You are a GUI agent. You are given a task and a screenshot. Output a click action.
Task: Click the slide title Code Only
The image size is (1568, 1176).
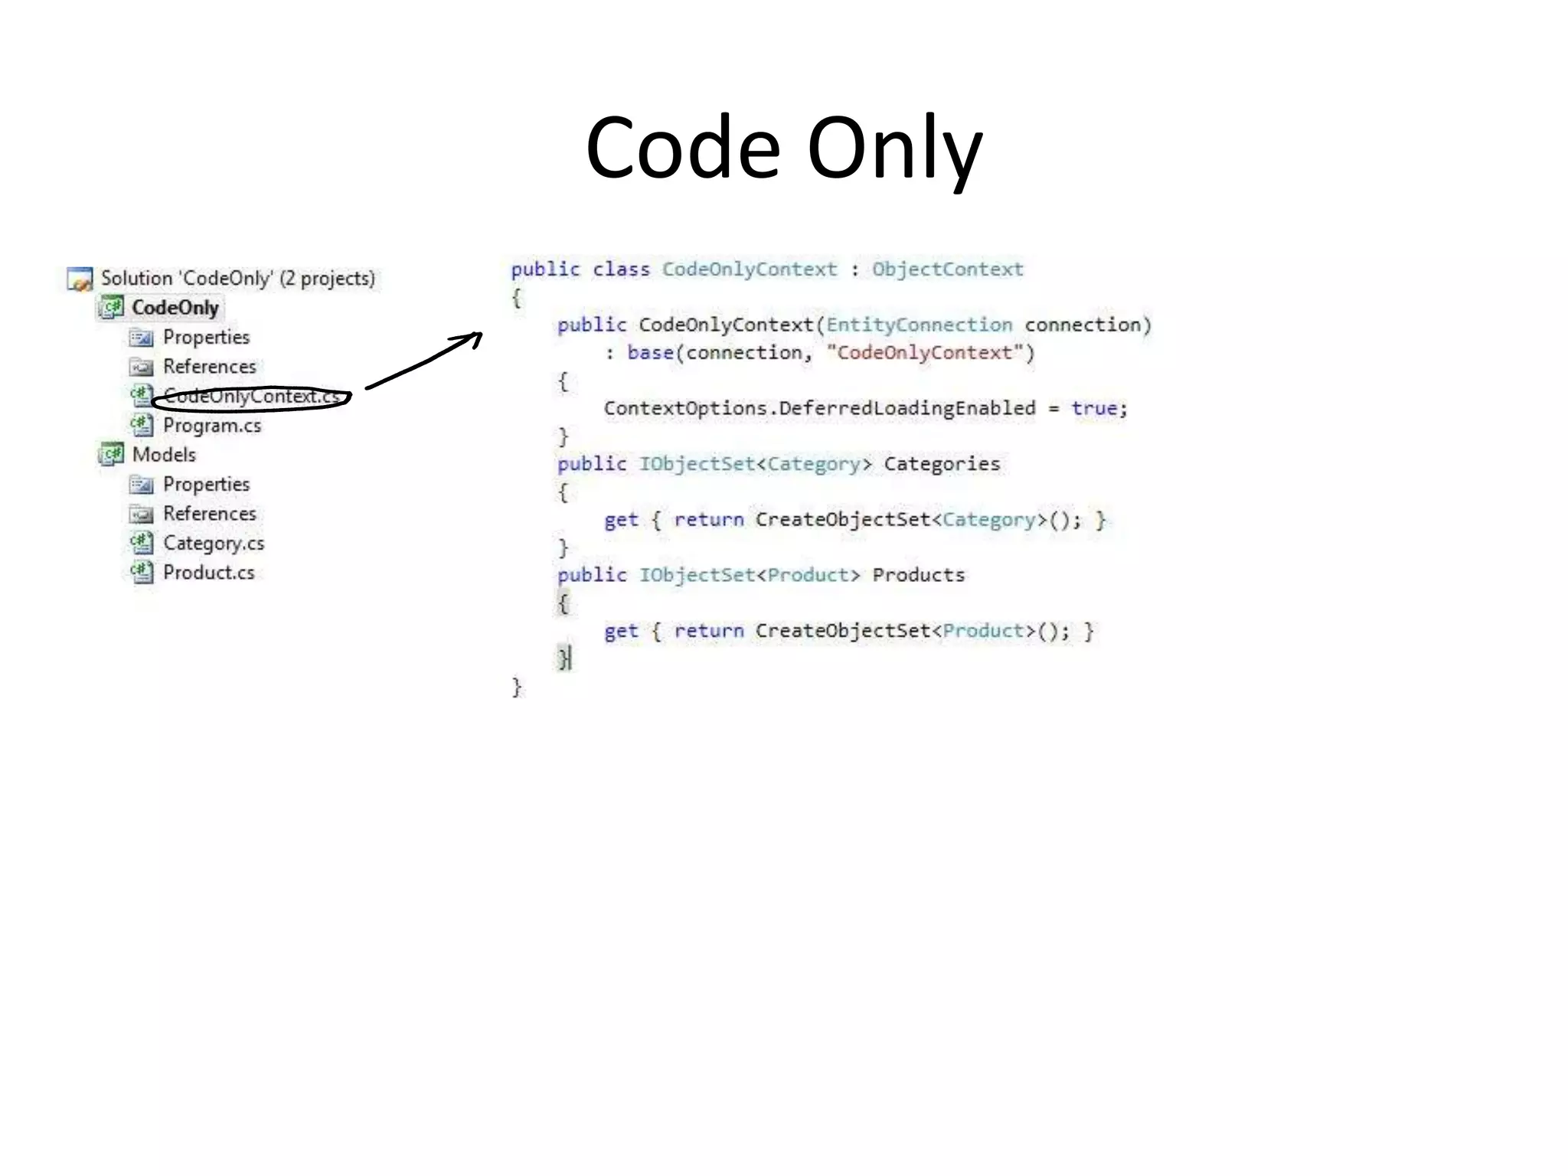(x=783, y=148)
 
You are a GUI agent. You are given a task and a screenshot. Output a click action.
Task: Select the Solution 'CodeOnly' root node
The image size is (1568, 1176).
(x=237, y=279)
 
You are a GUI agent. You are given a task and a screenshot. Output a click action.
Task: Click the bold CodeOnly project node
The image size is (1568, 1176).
(x=175, y=308)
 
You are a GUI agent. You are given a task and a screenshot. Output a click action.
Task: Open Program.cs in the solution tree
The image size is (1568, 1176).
(x=212, y=426)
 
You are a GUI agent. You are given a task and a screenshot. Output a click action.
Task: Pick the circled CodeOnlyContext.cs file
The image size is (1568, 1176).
(x=251, y=397)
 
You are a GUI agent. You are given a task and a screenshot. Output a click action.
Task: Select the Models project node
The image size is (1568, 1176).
(x=164, y=455)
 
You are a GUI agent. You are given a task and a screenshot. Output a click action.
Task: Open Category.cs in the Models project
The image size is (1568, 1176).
(x=214, y=544)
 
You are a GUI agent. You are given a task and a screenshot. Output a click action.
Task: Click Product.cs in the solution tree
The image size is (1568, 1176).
(x=208, y=573)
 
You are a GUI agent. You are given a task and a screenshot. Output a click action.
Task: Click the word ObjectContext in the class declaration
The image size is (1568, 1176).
(x=947, y=269)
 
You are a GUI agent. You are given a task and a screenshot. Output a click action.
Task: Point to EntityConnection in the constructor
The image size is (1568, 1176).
(x=919, y=325)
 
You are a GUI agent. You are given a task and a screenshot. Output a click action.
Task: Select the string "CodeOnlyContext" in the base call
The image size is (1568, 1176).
(x=924, y=353)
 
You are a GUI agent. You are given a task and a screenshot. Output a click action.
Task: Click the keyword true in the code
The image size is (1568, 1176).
(x=1094, y=409)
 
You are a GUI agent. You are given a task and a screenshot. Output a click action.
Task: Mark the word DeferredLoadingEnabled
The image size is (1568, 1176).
(x=907, y=409)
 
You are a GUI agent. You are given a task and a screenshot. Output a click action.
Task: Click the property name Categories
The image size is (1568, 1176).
(x=942, y=465)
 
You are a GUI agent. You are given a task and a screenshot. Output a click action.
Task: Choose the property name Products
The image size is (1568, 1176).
(x=919, y=576)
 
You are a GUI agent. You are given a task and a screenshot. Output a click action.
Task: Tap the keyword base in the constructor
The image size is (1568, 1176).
(x=650, y=353)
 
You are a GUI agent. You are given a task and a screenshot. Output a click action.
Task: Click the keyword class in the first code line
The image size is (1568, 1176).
(x=621, y=269)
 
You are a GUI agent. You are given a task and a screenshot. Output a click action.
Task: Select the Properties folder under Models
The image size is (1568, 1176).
(x=206, y=485)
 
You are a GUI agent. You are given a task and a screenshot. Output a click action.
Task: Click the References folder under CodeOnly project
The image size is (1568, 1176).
(x=209, y=367)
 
